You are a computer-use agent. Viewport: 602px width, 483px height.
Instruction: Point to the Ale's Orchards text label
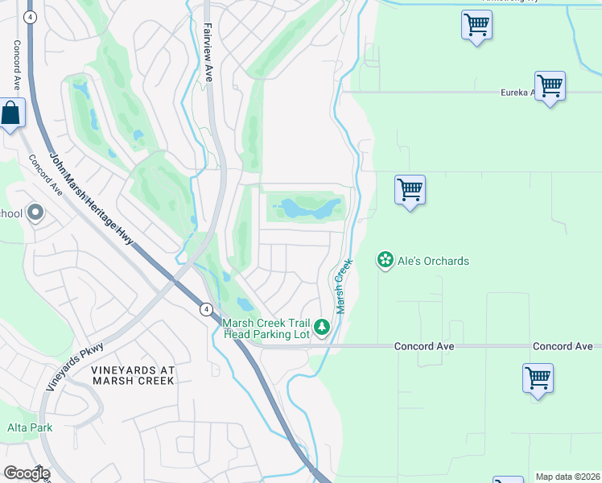click(x=435, y=261)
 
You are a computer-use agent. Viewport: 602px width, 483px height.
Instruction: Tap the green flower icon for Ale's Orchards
click(x=386, y=260)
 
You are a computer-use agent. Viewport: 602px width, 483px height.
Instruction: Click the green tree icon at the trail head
click(x=322, y=327)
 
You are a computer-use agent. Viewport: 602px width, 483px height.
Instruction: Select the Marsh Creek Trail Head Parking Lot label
click(x=266, y=328)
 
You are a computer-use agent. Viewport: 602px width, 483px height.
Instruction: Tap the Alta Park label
click(x=30, y=427)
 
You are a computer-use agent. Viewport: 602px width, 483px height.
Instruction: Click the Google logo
click(x=27, y=473)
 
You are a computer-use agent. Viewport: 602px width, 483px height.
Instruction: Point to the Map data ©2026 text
click(x=567, y=477)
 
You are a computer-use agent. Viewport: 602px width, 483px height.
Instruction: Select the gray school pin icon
click(x=35, y=213)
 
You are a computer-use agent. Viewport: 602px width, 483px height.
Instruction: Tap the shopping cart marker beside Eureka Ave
click(x=550, y=86)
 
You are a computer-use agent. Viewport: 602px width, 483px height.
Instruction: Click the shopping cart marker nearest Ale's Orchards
click(x=410, y=191)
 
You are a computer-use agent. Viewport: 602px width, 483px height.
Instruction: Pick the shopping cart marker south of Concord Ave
click(x=538, y=378)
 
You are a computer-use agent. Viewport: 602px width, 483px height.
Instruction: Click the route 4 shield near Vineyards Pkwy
click(x=206, y=309)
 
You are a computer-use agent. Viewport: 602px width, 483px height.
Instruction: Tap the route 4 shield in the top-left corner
click(x=30, y=16)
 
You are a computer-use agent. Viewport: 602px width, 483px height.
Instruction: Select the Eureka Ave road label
click(x=517, y=93)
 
